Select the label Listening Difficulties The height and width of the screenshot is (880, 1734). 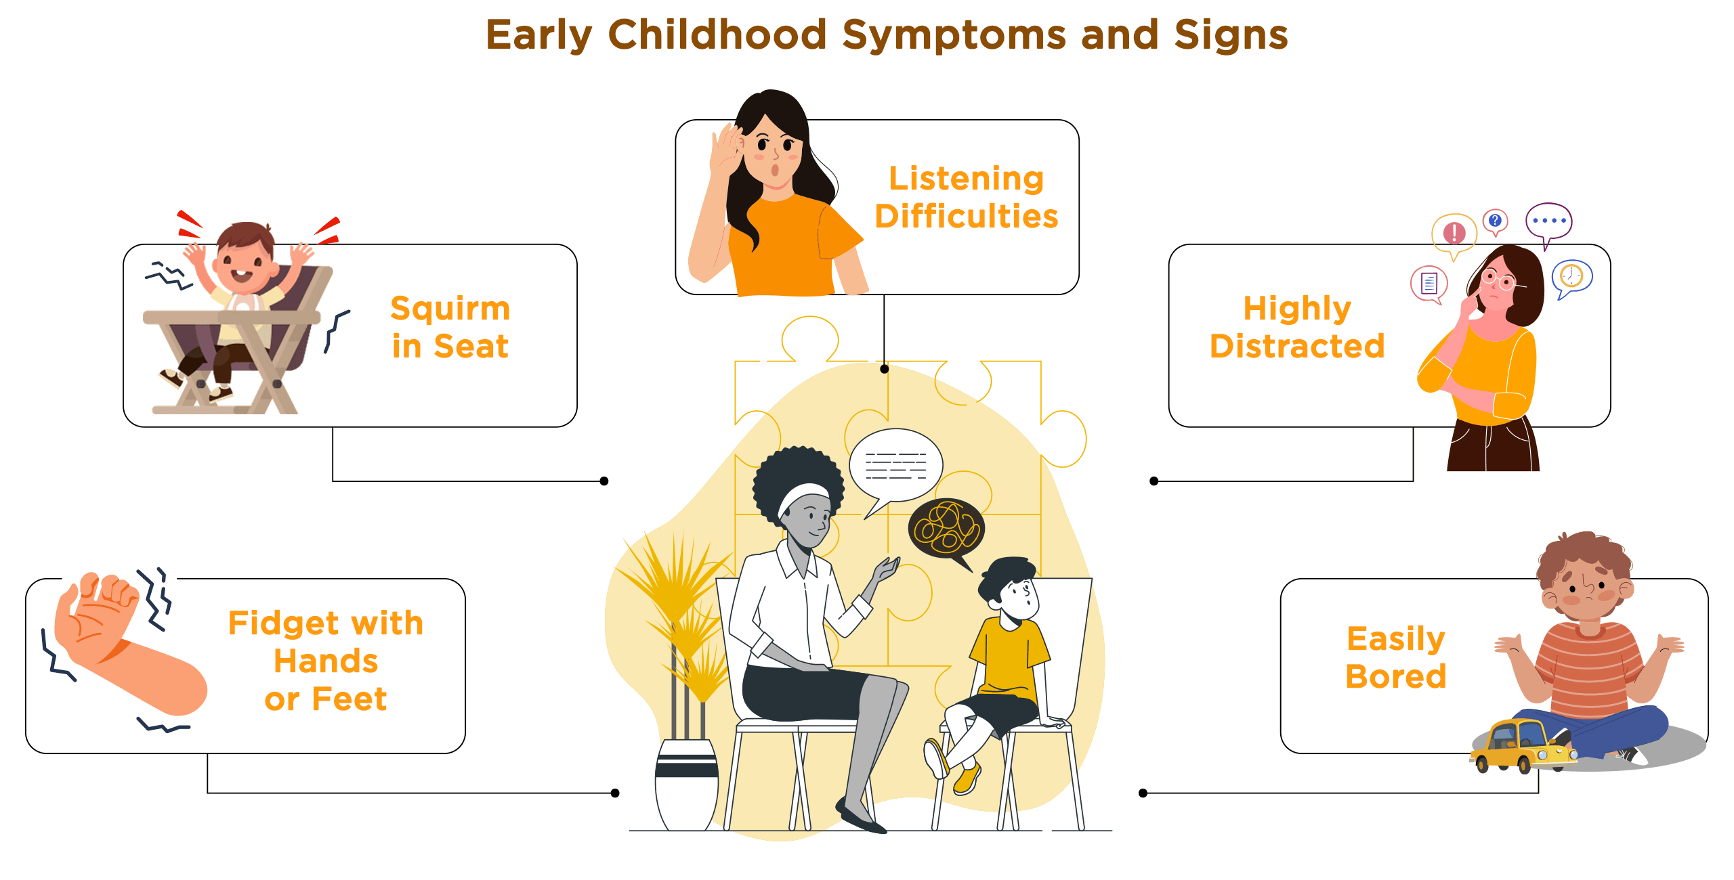(967, 198)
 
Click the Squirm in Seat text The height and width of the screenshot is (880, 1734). (450, 328)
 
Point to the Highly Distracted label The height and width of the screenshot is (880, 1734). (1297, 328)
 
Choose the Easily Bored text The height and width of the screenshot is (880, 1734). (1396, 657)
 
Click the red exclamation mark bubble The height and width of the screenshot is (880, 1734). (1454, 234)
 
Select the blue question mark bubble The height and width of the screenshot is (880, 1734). (1495, 221)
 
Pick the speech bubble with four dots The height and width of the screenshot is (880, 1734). (1548, 223)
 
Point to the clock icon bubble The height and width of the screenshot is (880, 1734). (1571, 278)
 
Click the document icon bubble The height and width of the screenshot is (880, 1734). (1429, 283)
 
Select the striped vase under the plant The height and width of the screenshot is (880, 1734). (687, 785)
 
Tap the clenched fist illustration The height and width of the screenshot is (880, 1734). (98, 613)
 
